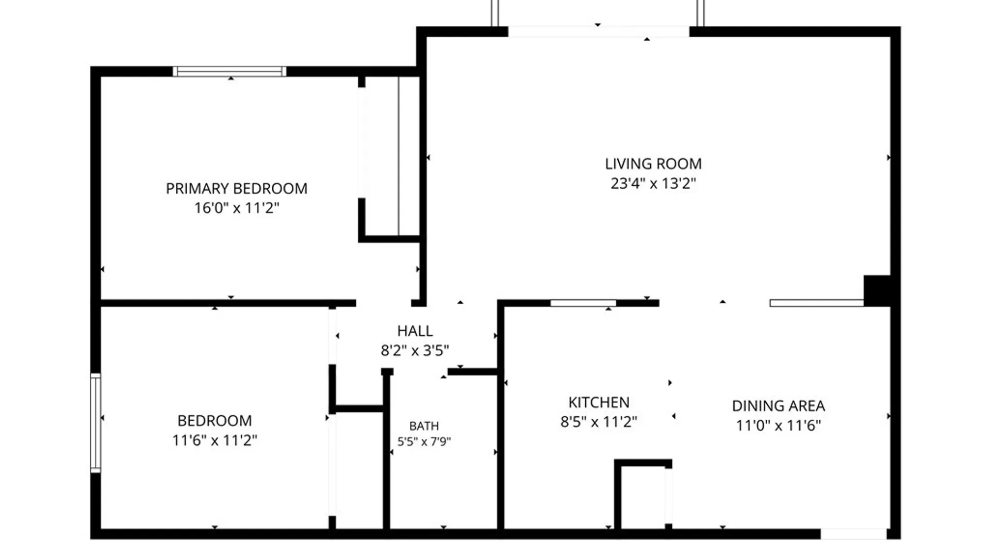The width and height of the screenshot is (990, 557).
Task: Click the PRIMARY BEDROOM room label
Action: tap(237, 188)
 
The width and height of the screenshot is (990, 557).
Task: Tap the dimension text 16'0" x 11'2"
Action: tap(237, 208)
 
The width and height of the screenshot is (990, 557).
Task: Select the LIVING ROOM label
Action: tap(653, 164)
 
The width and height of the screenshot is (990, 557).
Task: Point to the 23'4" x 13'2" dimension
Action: tap(653, 184)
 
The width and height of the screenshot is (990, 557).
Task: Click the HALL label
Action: tap(415, 331)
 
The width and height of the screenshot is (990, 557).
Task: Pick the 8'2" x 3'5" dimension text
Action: tap(415, 351)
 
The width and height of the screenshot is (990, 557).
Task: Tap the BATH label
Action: tap(424, 426)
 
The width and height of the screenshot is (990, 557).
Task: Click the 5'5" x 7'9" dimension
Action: tap(424, 441)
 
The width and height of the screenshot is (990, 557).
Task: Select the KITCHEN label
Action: tap(599, 402)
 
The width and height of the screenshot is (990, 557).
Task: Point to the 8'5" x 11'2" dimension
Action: tap(599, 422)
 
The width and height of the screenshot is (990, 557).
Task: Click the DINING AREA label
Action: tap(779, 406)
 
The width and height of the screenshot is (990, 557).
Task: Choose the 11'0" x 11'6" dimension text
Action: tap(779, 425)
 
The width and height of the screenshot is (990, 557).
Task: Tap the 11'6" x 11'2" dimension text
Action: tap(214, 440)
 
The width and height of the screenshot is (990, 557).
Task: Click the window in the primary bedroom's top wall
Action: tap(229, 71)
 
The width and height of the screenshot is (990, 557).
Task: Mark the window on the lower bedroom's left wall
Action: tap(95, 423)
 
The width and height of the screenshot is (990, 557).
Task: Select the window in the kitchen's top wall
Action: tap(583, 303)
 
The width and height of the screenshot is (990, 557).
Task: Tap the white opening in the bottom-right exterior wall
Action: tap(853, 534)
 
